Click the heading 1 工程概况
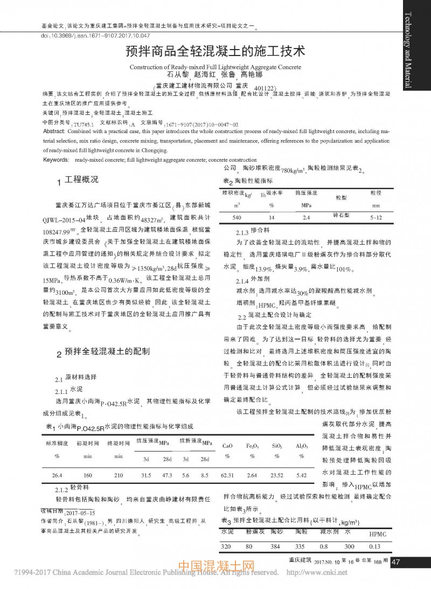tap(79, 181)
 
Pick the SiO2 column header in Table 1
tap(277, 447)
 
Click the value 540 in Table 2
tap(236, 217)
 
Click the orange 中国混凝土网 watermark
tap(215, 566)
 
